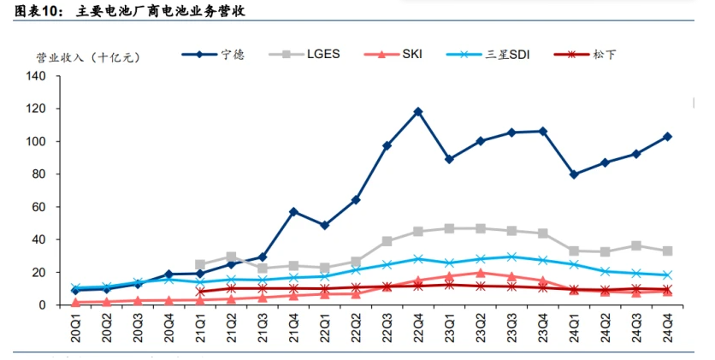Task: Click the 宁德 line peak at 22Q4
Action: [418, 111]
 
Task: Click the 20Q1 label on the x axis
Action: [76, 329]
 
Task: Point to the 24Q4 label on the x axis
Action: [668, 329]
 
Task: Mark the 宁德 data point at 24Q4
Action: [668, 136]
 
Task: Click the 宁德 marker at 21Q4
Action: [293, 211]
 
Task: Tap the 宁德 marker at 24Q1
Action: [574, 174]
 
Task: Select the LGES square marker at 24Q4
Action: [668, 251]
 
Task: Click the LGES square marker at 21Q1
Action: [200, 265]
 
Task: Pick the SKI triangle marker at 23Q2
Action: [481, 273]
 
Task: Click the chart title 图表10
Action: [38, 11]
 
